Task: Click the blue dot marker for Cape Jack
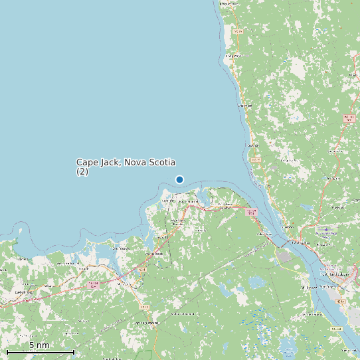click(x=179, y=179)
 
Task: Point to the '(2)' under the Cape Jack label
click(x=82, y=171)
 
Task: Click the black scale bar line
click(x=40, y=351)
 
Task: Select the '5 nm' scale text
click(x=39, y=345)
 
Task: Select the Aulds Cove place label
click(x=266, y=234)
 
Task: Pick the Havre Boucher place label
click(x=178, y=221)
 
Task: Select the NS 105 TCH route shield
click(x=349, y=118)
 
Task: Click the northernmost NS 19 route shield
click(x=238, y=31)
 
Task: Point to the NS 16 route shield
click(x=143, y=307)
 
